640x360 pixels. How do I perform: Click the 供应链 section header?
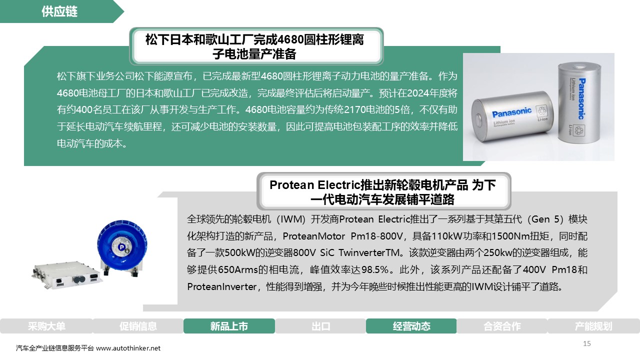point(59,11)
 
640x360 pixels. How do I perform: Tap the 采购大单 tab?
point(46,326)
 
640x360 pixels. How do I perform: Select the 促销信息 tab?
point(138,326)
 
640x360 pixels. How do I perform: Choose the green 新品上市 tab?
point(229,326)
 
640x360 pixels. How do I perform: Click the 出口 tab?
point(320,326)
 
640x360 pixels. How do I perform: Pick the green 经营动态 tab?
point(411,326)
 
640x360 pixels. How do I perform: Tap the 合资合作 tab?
point(502,326)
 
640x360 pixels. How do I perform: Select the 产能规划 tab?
point(593,326)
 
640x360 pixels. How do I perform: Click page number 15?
point(587,343)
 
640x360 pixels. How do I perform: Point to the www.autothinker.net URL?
point(128,348)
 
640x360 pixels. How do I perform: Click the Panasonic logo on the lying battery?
point(511,112)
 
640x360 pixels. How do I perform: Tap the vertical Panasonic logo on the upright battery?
point(581,99)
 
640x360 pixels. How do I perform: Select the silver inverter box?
point(67,274)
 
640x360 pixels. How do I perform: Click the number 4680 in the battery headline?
point(291,39)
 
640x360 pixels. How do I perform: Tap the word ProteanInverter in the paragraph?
point(222,286)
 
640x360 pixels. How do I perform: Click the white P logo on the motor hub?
point(122,247)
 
